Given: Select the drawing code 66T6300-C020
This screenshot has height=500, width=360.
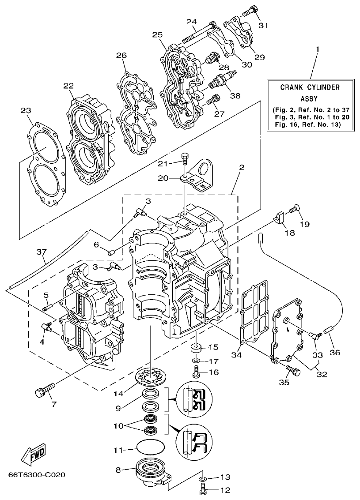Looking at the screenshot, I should [x=37, y=475].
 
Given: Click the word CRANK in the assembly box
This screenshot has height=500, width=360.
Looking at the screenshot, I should [x=292, y=87].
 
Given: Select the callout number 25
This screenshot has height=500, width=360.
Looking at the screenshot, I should [x=158, y=34].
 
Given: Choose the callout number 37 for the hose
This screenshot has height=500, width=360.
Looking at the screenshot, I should [x=41, y=252].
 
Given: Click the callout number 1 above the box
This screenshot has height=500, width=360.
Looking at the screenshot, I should [x=316, y=48].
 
